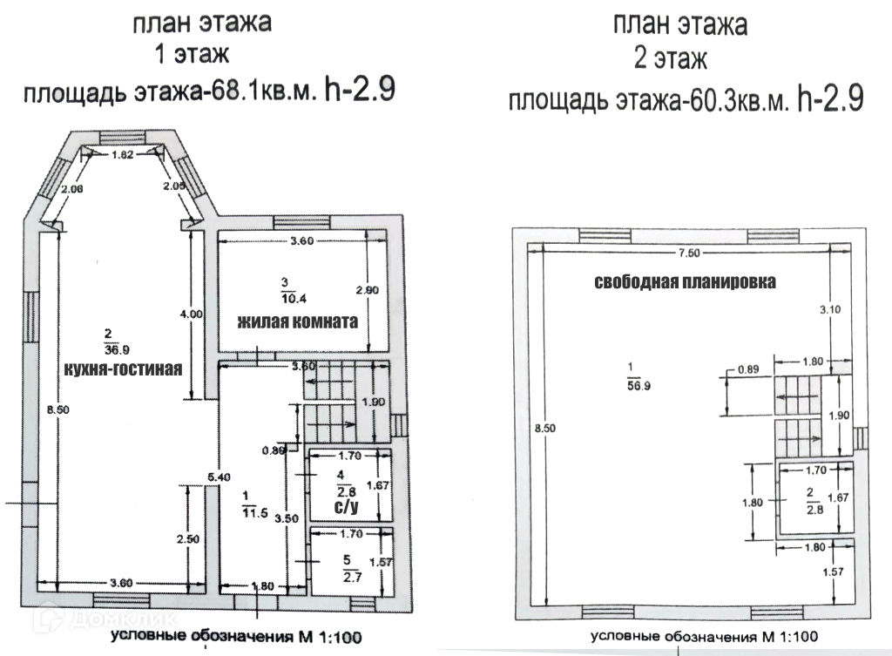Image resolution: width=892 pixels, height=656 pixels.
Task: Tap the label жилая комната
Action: (x=298, y=320)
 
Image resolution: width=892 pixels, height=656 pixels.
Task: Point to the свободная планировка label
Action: (x=685, y=282)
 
